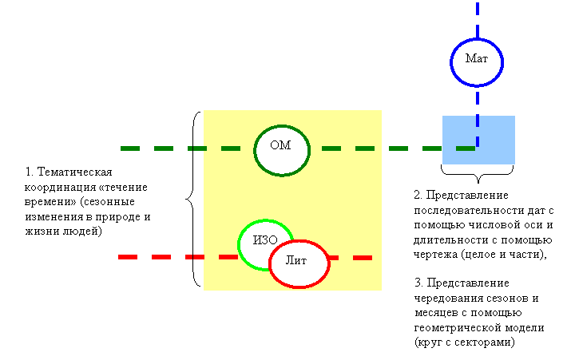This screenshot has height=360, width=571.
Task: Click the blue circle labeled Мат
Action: click(450, 62)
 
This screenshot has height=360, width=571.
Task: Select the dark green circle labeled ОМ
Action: click(254, 150)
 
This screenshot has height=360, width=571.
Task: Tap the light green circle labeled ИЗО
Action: click(239, 244)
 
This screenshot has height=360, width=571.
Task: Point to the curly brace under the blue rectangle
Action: click(478, 174)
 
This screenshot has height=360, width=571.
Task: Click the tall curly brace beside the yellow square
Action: click(193, 199)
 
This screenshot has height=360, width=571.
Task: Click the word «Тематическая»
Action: click(74, 172)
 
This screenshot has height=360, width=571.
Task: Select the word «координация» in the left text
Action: click(61, 188)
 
